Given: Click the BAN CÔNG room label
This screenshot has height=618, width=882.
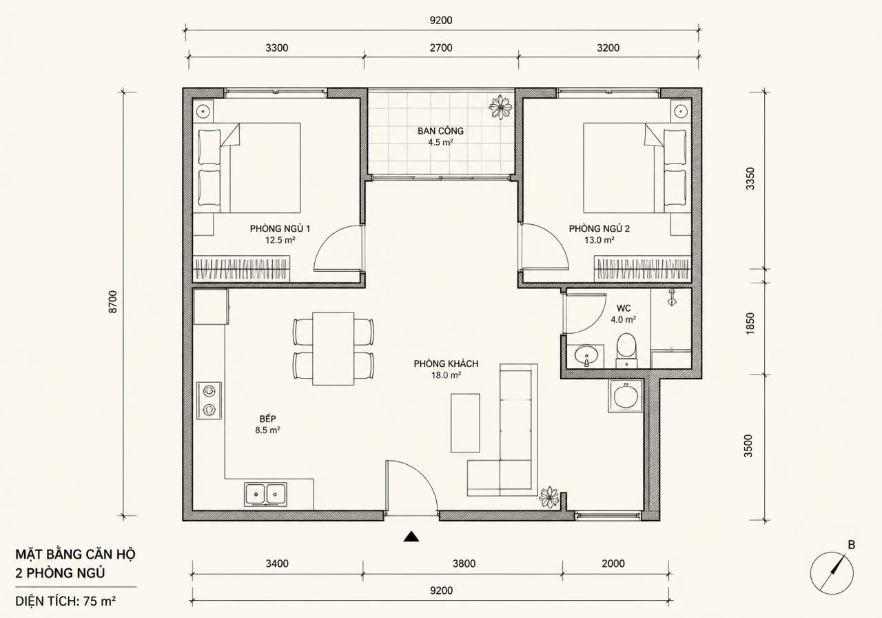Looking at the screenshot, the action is tap(440, 131).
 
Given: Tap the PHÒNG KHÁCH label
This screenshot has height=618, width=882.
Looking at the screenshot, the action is tap(446, 363).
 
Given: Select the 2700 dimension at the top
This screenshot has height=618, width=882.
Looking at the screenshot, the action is tap(441, 48).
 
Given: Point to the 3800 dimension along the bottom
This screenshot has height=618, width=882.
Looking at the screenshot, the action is tap(464, 564).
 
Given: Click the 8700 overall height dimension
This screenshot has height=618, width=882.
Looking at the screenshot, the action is tap(112, 302).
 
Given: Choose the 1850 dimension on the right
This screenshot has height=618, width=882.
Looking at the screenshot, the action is tap(750, 323).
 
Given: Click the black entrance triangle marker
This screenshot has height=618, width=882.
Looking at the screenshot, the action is tap(411, 537).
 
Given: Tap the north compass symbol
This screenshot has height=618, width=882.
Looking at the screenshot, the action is tap(832, 572).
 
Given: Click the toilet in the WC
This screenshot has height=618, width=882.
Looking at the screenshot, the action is tap(626, 350).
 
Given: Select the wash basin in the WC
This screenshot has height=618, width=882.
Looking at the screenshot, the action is tap(586, 357).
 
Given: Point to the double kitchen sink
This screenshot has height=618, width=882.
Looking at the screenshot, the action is tap(265, 495).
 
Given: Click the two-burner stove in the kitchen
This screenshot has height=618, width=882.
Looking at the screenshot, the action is tap(209, 401).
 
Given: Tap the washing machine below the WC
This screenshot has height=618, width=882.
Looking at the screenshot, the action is tap(626, 396).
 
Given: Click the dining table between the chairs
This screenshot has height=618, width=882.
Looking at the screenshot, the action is tap(333, 349).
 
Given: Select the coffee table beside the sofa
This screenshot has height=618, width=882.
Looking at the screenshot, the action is tap(465, 423).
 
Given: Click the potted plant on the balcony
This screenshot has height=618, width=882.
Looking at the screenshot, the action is tap(500, 106).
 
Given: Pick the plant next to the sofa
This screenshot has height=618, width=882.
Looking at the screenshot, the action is tap(549, 497).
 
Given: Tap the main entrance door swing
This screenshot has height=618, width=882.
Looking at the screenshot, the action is tap(411, 486).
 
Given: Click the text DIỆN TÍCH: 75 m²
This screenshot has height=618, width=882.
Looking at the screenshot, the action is tap(65, 601).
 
